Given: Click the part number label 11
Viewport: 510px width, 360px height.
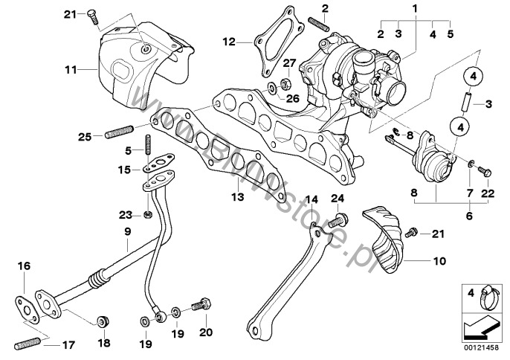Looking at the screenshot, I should [71, 70].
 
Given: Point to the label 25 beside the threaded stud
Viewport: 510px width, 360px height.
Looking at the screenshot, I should [83, 136].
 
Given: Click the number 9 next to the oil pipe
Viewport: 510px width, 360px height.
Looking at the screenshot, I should [126, 232].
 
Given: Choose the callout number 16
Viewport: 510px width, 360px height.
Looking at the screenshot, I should [24, 266].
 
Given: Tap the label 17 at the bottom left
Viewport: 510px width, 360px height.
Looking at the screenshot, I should [68, 344].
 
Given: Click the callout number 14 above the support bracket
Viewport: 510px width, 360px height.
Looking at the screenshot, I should [312, 199].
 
